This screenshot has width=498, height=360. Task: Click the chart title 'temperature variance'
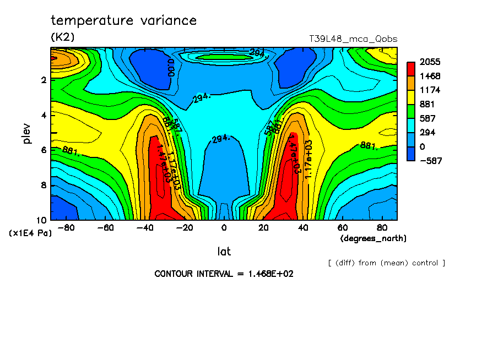pyautogui.click(x=123, y=21)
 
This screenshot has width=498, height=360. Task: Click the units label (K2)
pyautogui.click(x=62, y=37)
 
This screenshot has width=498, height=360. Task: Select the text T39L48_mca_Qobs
pyautogui.click(x=354, y=39)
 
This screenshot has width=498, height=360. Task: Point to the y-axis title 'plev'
pyautogui.click(x=27, y=133)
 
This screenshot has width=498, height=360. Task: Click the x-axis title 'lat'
pyautogui.click(x=224, y=252)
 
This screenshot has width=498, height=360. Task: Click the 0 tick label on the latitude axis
pyautogui.click(x=224, y=228)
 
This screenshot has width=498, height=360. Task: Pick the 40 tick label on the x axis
pyautogui.click(x=302, y=228)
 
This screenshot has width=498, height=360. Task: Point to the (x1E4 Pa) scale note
pyautogui.click(x=30, y=233)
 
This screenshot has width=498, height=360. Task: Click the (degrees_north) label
pyautogui.click(x=373, y=238)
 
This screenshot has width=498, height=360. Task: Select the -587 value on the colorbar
pyautogui.click(x=430, y=160)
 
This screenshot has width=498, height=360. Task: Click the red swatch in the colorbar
pyautogui.click(x=411, y=69)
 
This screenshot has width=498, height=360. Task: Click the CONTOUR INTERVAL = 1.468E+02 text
pyautogui.click(x=224, y=274)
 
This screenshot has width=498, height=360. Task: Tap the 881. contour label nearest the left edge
pyautogui.click(x=71, y=150)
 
